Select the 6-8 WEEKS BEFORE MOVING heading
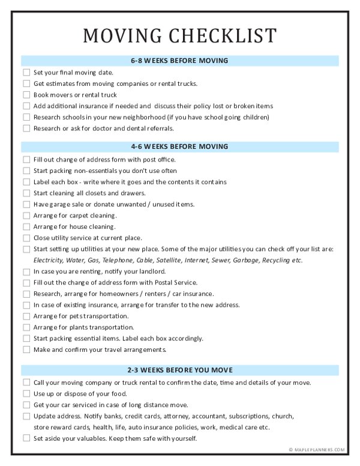click(179, 61)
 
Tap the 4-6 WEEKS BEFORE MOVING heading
click(179, 147)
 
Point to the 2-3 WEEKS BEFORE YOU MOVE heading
click(179, 370)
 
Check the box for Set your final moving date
click(26, 73)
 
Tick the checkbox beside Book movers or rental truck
click(26, 95)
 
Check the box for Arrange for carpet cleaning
click(26, 216)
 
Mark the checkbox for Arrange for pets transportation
click(26, 316)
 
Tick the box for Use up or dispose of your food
click(26, 393)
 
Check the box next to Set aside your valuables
click(26, 438)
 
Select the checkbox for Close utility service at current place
click(26, 238)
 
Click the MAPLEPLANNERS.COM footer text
click(319, 450)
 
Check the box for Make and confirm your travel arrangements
click(26, 349)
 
